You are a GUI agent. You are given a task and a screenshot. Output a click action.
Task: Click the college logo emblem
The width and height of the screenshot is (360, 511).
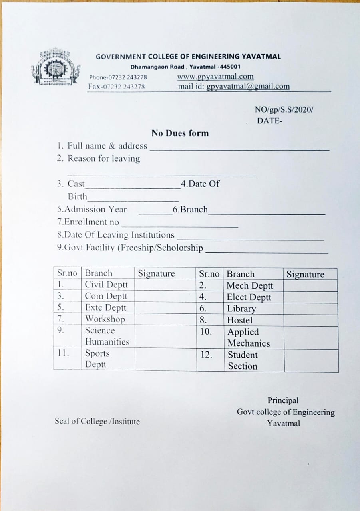point(56,67)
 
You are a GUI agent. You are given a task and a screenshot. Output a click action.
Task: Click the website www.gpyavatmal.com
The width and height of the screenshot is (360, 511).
point(215,77)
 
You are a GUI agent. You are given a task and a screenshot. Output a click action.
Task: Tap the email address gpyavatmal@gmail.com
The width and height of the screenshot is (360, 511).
point(248,86)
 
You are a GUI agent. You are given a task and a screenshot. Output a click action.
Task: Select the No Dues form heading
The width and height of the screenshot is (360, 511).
point(180,133)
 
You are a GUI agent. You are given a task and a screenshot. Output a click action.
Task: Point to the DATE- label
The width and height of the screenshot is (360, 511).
point(269,121)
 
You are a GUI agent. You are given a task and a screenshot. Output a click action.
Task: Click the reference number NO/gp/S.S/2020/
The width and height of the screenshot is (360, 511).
point(284,110)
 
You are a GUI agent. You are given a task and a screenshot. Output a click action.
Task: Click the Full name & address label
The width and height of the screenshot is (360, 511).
point(102,146)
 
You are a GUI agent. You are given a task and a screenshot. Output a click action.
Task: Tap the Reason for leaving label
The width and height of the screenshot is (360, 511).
point(98,158)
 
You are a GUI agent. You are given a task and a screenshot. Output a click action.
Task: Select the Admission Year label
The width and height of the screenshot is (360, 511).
point(92,209)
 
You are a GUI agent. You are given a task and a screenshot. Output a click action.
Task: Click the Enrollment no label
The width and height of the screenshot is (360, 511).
point(88,222)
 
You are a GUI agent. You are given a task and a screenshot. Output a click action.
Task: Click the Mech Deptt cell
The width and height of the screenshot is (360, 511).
point(250,285)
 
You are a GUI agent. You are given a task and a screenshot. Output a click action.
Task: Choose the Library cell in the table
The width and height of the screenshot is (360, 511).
point(241,309)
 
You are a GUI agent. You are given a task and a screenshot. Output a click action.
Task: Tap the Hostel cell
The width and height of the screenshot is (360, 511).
point(240,320)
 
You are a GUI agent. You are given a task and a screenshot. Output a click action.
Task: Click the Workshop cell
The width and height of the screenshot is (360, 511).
point(105,319)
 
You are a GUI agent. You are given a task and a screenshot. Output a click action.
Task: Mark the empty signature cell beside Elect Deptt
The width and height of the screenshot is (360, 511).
point(310,297)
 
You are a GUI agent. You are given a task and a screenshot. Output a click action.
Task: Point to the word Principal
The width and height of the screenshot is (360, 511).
point(283,400)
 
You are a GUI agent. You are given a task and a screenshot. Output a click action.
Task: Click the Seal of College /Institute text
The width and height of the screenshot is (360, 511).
point(97,421)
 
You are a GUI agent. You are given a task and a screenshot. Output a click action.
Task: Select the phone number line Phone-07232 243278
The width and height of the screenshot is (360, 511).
point(118,77)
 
